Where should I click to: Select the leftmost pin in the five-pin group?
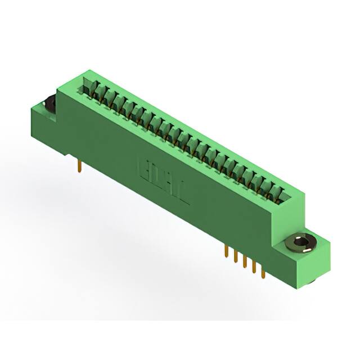(x=226, y=251)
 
